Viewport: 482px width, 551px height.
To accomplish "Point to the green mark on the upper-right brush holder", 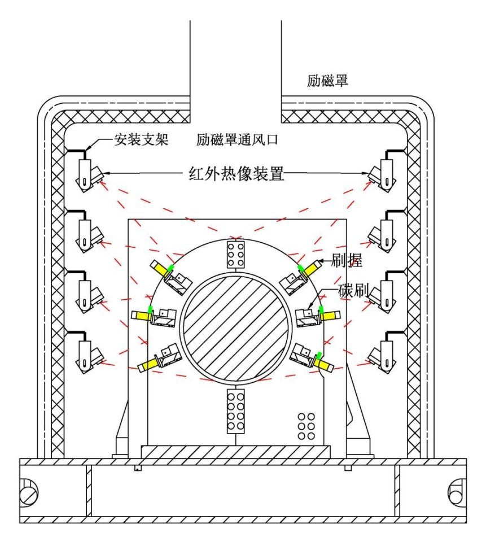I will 303,265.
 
